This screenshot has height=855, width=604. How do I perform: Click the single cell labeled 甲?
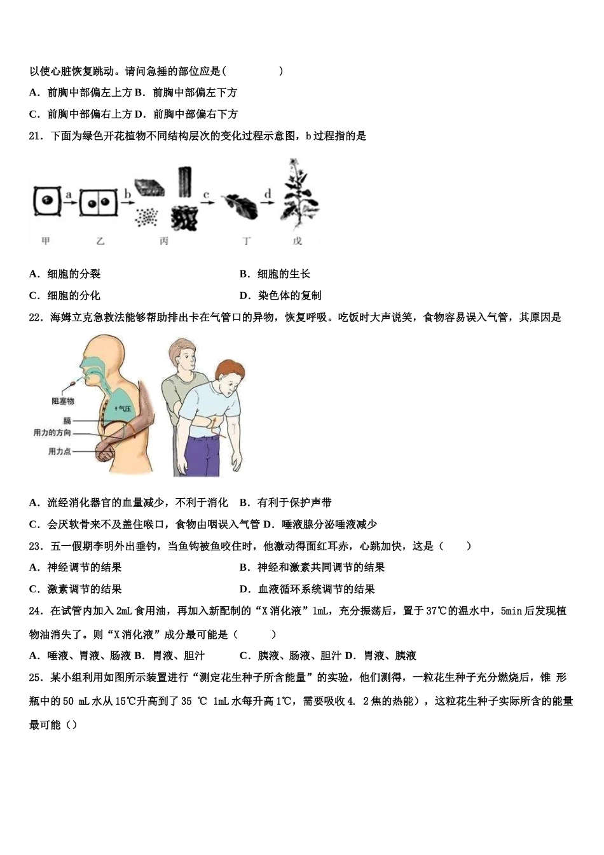(x=46, y=203)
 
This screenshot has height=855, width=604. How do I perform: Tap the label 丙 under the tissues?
(x=164, y=242)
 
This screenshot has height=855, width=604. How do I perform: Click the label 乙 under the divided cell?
(x=100, y=242)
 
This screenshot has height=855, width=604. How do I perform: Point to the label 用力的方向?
(x=52, y=433)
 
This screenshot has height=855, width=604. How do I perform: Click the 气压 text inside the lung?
(x=124, y=408)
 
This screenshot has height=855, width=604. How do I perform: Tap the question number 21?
(x=36, y=136)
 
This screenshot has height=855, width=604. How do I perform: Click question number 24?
(x=36, y=611)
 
